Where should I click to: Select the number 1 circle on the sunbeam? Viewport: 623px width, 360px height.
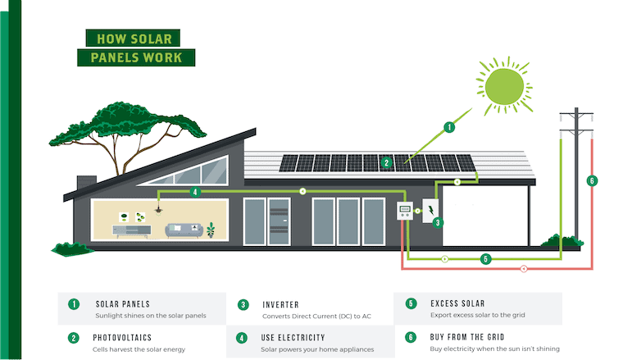click(448, 127)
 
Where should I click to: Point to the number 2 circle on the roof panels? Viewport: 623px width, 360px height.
click(386, 162)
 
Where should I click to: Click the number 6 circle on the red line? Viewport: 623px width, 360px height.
click(592, 180)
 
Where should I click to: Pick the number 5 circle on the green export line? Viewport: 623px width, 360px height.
click(486, 259)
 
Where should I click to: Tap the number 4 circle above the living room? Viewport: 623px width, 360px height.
click(194, 193)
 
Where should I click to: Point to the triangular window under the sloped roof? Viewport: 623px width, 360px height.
click(191, 173)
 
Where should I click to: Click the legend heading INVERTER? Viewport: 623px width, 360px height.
click(286, 304)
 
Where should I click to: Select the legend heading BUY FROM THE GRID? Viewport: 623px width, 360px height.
click(473, 337)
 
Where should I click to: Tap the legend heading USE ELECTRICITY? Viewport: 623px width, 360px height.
click(293, 337)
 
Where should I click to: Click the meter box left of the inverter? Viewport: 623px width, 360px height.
click(405, 212)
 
